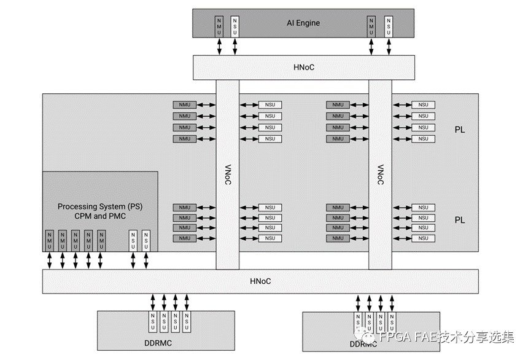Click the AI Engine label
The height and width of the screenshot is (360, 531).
(x=303, y=23)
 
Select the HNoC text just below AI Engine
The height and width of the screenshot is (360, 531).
(x=303, y=67)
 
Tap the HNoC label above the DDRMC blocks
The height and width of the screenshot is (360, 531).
(x=260, y=281)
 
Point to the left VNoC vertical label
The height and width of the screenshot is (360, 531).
(x=227, y=174)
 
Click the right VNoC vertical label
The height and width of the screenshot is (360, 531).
(x=380, y=174)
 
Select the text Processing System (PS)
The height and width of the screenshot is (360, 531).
(x=99, y=206)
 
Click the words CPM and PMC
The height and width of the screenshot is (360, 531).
(x=99, y=216)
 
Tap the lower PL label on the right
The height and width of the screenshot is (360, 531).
(x=459, y=220)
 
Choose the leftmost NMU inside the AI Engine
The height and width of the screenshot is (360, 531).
(x=219, y=26)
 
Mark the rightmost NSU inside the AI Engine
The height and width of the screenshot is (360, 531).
(x=388, y=26)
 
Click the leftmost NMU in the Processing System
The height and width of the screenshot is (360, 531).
(x=49, y=240)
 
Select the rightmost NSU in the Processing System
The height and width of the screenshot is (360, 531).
(x=145, y=240)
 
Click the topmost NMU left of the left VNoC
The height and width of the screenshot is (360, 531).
(x=185, y=105)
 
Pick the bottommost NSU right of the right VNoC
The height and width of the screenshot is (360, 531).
(x=423, y=238)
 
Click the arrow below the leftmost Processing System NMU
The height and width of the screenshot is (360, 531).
(x=49, y=260)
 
